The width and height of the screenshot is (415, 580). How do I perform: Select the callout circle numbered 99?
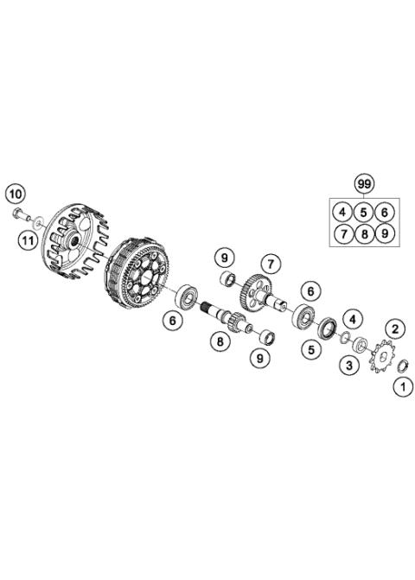[365, 184]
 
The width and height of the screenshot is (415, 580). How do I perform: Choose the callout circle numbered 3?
[348, 366]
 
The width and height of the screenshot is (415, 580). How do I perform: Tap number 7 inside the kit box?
[343, 233]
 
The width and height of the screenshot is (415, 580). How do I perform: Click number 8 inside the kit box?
[365, 233]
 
